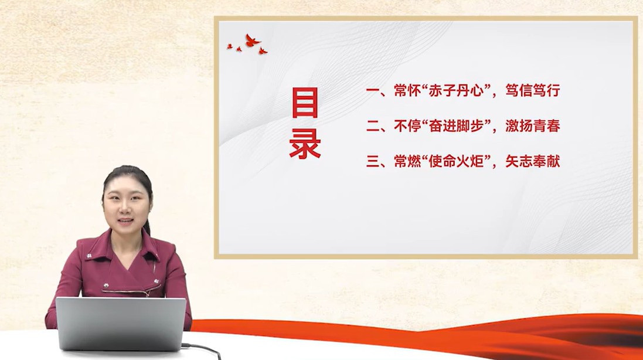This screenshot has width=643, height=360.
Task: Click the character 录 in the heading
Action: pos(305,144)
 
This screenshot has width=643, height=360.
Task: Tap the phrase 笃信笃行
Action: pos(532,90)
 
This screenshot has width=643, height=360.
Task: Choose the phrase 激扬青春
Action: pos(532,126)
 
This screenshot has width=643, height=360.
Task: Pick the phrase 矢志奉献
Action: pos(532,161)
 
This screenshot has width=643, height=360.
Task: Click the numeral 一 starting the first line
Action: pos(373,91)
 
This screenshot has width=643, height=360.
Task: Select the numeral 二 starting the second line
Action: pos(373,126)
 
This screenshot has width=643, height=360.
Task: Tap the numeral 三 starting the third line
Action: pos(373,161)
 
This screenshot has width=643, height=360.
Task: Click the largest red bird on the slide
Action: pos(252,40)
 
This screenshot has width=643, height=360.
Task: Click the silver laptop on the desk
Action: pos(121,324)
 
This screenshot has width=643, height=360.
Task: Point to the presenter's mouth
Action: pos(126,222)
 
